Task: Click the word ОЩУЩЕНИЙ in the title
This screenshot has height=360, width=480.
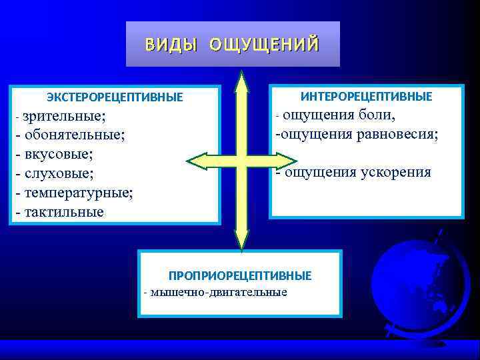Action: [x=264, y=45]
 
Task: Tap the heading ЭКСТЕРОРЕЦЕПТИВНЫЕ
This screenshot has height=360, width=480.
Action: [x=115, y=98]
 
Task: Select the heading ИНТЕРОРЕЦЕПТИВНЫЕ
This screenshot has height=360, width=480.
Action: [x=366, y=97]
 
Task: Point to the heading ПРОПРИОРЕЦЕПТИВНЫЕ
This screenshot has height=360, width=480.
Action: [x=239, y=275]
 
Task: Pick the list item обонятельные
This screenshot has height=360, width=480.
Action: [x=74, y=135]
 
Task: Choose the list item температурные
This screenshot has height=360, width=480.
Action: [x=78, y=193]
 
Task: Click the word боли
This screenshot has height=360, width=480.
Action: [x=377, y=115]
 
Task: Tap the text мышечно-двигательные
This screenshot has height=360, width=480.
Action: [x=219, y=292]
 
